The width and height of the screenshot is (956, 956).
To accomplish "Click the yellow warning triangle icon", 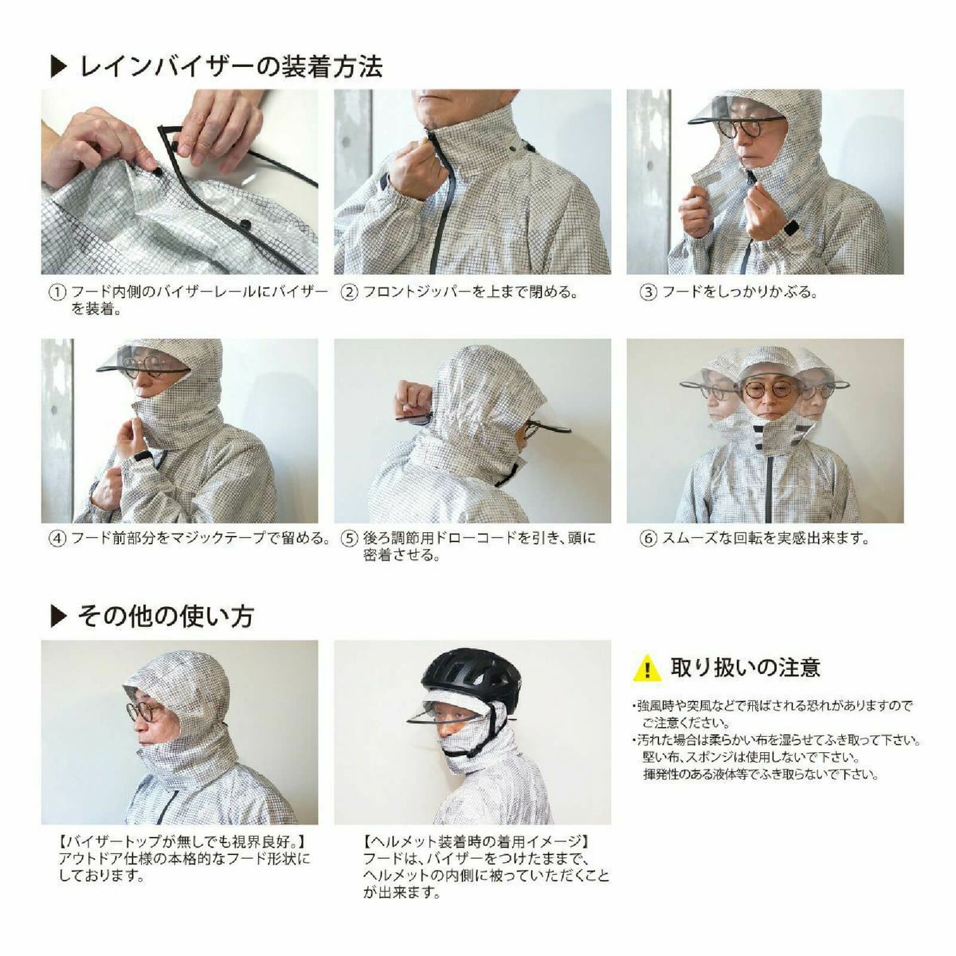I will (647, 668).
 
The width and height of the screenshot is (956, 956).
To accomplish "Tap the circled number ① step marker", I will (57, 292).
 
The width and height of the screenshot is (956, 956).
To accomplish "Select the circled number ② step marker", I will (349, 292).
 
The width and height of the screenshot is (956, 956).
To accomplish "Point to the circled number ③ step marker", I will (648, 292).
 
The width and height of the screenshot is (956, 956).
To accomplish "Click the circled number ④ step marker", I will (57, 539).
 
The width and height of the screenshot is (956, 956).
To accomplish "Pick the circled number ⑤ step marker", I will (349, 539).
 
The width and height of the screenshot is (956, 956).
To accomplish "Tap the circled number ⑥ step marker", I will (648, 539).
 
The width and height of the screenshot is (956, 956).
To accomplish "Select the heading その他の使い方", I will (166, 616).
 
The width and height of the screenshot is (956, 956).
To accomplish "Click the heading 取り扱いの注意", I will (746, 666).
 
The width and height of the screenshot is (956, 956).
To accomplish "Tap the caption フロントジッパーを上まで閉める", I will (470, 292).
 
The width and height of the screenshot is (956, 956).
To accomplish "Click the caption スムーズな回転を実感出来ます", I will (765, 539).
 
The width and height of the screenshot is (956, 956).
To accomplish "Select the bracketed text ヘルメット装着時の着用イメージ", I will (476, 842).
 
